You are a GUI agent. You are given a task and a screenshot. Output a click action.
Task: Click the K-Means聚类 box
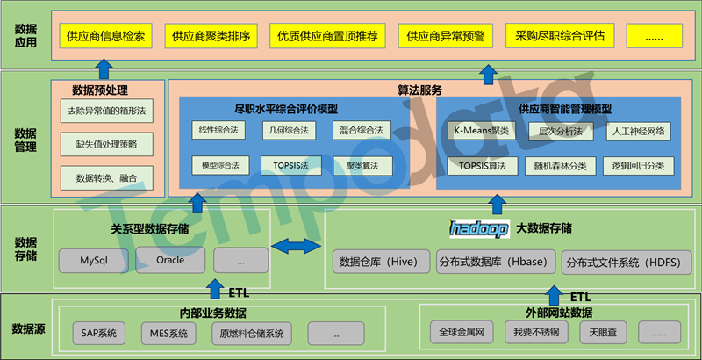(x=481, y=131)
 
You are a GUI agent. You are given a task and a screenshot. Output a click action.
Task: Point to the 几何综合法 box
(x=285, y=131)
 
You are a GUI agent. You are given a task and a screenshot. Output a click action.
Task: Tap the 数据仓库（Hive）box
(x=381, y=260)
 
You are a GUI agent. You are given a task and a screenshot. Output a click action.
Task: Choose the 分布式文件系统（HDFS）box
(x=622, y=262)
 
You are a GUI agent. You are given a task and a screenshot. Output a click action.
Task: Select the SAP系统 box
(x=98, y=334)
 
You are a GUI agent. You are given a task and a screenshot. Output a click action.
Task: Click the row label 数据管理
(x=25, y=140)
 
